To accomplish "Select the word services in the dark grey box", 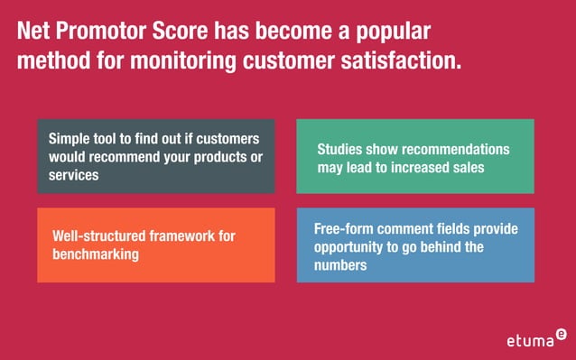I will point(74,174).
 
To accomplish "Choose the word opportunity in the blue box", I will point(353,247).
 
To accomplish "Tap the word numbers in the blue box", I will point(340,265).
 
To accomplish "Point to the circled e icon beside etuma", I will point(562,333).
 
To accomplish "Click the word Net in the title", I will point(35,33).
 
